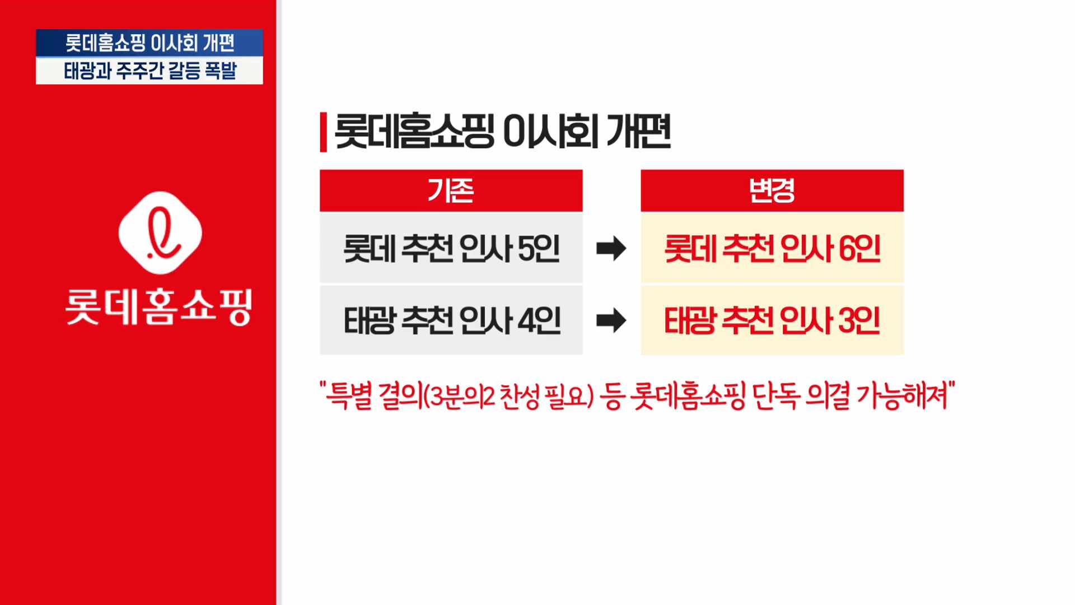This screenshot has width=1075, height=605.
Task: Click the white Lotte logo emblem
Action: [x=160, y=232]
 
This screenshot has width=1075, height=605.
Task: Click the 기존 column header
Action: [x=451, y=190]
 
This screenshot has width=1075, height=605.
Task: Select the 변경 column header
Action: [x=772, y=190]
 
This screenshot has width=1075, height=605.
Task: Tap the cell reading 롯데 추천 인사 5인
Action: [x=451, y=248]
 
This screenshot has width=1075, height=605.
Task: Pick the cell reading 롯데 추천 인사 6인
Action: [x=772, y=248]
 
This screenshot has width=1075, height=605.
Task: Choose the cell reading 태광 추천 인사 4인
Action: [x=451, y=320]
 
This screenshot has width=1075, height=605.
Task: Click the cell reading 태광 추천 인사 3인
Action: [x=772, y=320]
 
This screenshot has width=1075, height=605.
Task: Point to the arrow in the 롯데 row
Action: [x=611, y=248]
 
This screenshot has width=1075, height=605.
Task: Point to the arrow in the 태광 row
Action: [x=611, y=320]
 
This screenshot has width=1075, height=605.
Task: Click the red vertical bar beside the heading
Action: [x=323, y=132]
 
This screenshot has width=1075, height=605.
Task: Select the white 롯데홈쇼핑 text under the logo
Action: [x=159, y=306]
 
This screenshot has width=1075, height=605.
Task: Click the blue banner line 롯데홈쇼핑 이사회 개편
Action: [x=149, y=43]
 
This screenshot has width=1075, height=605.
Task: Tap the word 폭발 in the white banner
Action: [x=221, y=71]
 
